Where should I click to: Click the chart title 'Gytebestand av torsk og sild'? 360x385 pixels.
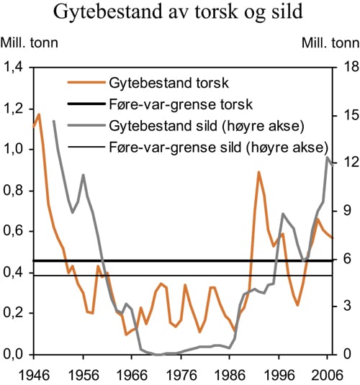[180, 14]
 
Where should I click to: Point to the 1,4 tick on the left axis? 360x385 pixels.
[14, 68]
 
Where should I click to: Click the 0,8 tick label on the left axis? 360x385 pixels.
[14, 191]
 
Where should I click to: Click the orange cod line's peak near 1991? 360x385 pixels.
[258, 172]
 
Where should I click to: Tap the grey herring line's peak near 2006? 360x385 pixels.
[328, 157]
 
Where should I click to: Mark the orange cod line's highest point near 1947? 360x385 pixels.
[39, 114]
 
